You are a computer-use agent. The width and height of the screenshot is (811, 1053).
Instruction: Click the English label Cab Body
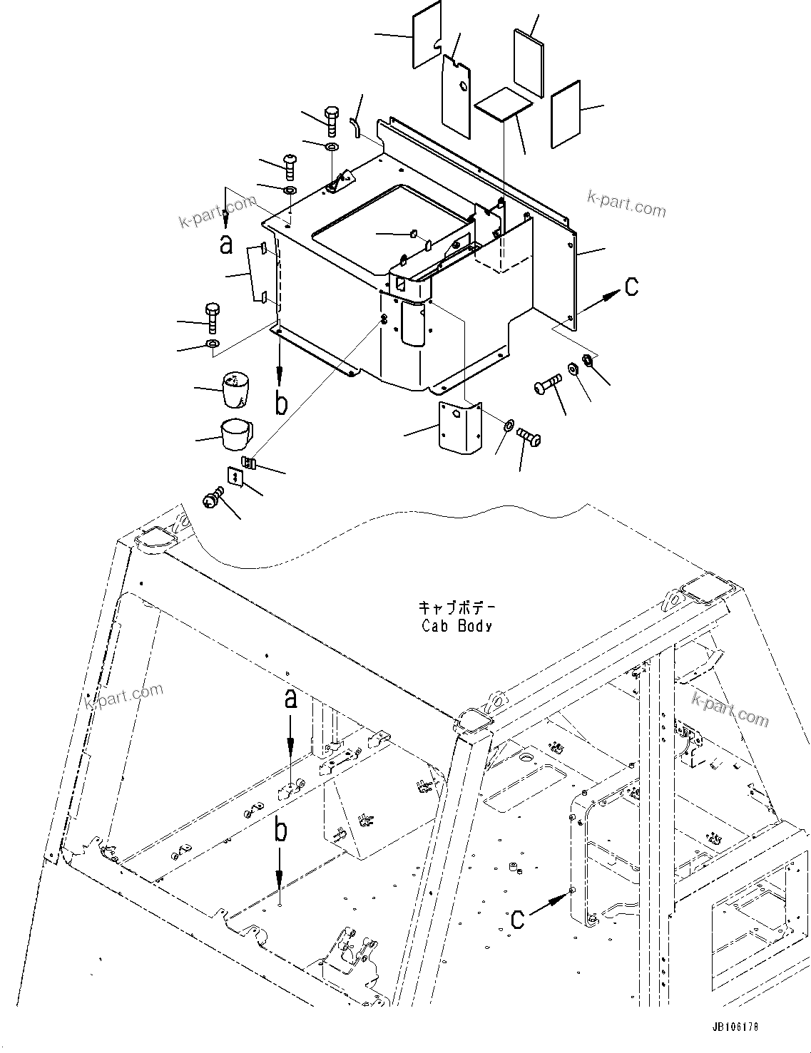coord(456,627)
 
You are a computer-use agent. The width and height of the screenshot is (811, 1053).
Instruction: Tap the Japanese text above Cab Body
coord(456,609)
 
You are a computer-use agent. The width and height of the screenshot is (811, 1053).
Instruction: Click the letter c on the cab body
coord(519,919)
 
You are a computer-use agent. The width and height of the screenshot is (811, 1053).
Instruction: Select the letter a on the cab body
coord(290,700)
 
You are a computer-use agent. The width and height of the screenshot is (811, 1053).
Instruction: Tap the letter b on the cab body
coord(282,831)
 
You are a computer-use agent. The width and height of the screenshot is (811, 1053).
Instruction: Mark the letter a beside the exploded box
coord(226,245)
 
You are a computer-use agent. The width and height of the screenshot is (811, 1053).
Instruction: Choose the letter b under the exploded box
coord(282,404)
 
